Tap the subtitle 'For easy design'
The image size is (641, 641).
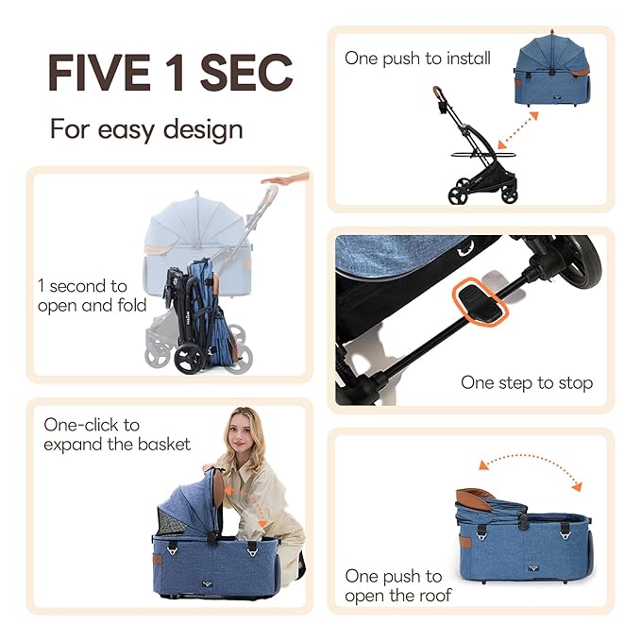point(146,127)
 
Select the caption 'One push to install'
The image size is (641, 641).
point(417,59)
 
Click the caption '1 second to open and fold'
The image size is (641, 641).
point(92,295)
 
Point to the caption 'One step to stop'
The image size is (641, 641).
point(527,382)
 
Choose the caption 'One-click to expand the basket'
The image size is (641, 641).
point(117,434)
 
